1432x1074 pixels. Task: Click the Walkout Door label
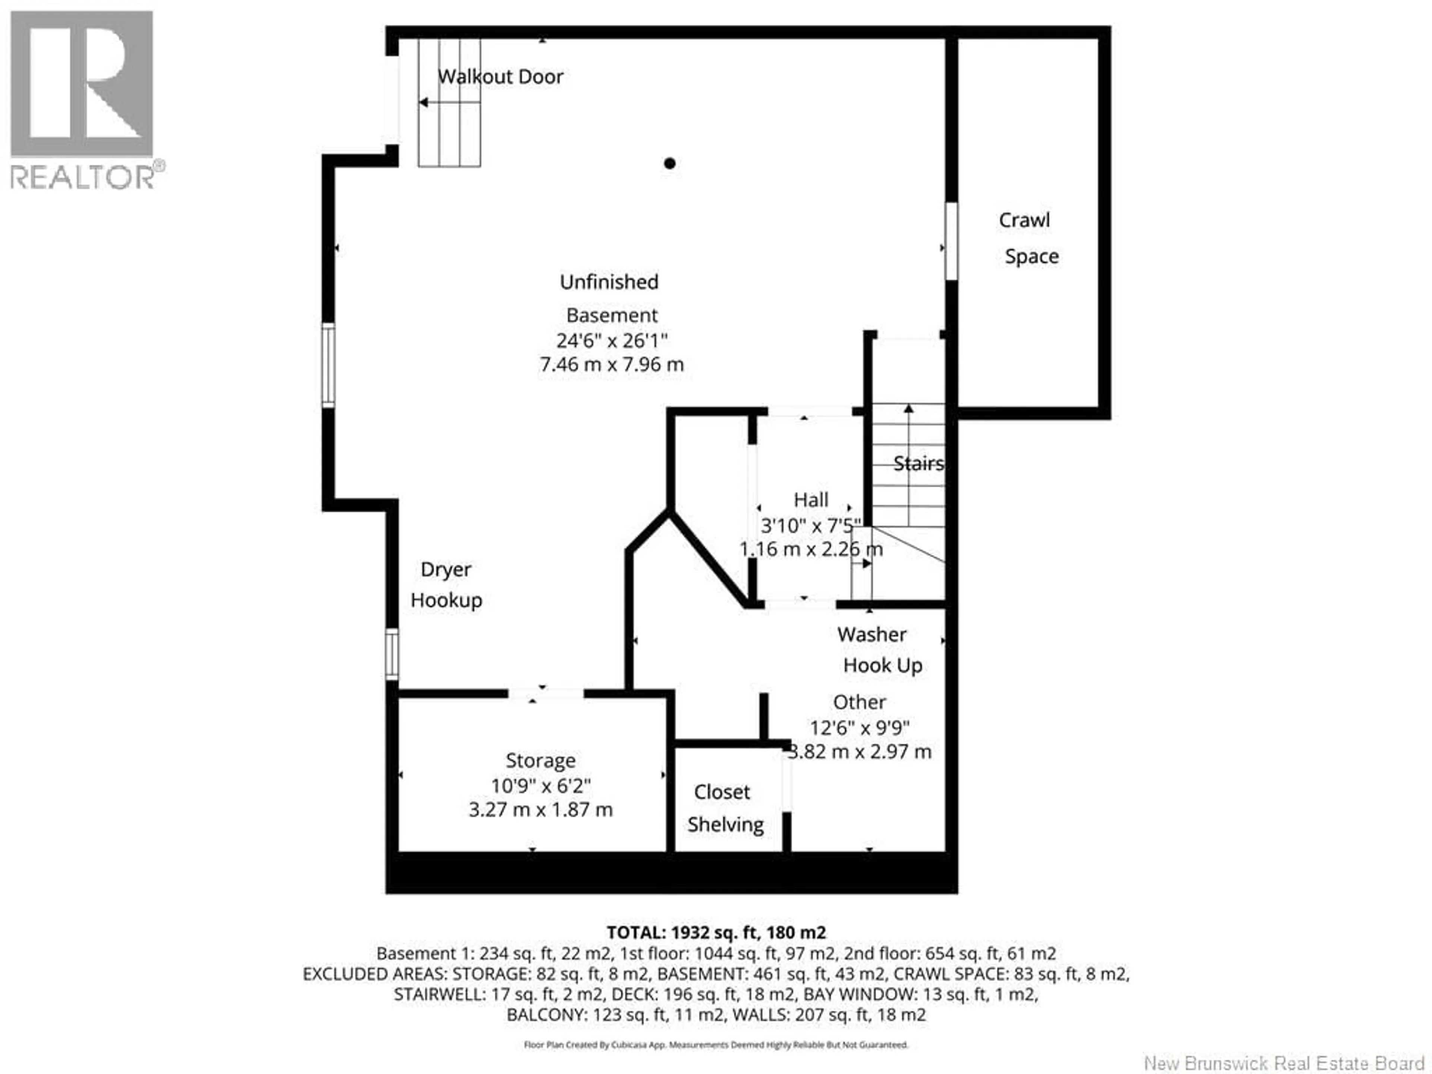pyautogui.click(x=500, y=77)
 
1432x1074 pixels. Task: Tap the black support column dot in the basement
pyautogui.click(x=670, y=163)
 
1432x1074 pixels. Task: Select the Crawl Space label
pyautogui.click(x=1028, y=238)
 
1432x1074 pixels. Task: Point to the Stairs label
pyautogui.click(x=918, y=464)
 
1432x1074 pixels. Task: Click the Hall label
pyautogui.click(x=810, y=500)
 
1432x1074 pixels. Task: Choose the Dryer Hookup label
pyautogui.click(x=446, y=585)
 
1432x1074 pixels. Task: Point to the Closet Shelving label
pyautogui.click(x=725, y=808)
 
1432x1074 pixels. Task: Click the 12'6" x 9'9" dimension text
pyautogui.click(x=859, y=728)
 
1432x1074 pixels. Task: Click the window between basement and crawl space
pyautogui.click(x=951, y=241)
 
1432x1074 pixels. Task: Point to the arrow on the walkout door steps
pyautogui.click(x=424, y=102)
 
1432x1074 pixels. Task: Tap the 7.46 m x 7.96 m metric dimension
pyautogui.click(x=612, y=364)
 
